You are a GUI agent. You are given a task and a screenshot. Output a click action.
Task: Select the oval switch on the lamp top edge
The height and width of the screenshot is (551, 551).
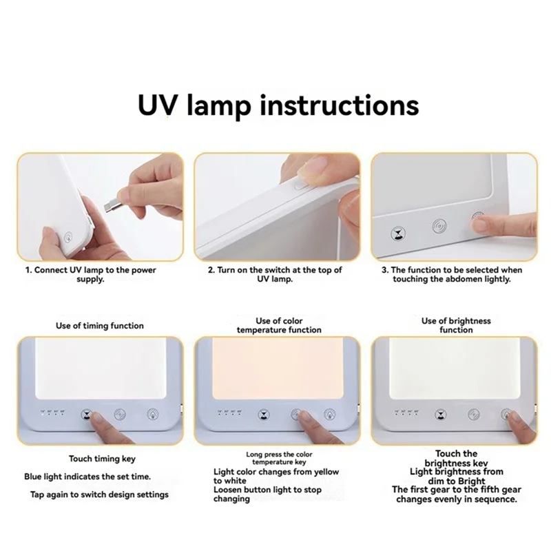pyautogui.click(x=300, y=184)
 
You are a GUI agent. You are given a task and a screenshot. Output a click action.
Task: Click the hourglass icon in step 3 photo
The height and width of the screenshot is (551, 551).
pyautogui.click(x=397, y=234)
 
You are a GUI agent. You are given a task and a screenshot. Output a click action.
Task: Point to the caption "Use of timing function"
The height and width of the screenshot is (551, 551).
pyautogui.click(x=101, y=325)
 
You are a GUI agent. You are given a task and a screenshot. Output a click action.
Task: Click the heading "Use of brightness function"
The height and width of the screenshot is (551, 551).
pyautogui.click(x=456, y=325)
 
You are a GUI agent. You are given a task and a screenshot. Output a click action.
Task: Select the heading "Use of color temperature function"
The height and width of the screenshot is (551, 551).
pyautogui.click(x=279, y=325)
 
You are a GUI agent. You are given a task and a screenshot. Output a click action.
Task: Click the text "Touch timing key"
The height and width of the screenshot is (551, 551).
pyautogui.click(x=102, y=458)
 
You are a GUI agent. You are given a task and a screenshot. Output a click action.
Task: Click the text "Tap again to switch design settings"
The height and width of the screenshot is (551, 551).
pyautogui.click(x=99, y=495)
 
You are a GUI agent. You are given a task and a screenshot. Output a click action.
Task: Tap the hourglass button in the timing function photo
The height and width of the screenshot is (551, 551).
pyautogui.click(x=86, y=415)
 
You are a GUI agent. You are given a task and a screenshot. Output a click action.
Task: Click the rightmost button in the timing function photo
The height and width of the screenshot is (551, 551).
pyautogui.click(x=152, y=415)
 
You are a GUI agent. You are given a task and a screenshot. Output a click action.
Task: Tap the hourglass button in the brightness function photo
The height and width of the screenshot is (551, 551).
pyautogui.click(x=440, y=415)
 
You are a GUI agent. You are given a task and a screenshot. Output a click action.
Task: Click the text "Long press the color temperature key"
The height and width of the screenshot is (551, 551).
pyautogui.click(x=279, y=459)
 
